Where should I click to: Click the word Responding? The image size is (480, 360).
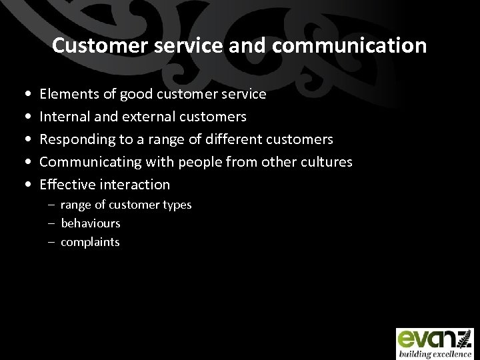[x=75, y=139]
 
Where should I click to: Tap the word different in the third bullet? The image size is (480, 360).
[x=233, y=139]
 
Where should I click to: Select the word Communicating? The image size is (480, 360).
[x=87, y=162]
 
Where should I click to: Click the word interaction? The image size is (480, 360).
[x=135, y=184]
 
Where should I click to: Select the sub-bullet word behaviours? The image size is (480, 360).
[x=91, y=223]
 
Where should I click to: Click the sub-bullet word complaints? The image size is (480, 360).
[x=91, y=242]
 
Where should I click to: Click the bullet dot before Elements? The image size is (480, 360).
[x=25, y=95]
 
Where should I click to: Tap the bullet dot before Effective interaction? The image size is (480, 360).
[x=25, y=185]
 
